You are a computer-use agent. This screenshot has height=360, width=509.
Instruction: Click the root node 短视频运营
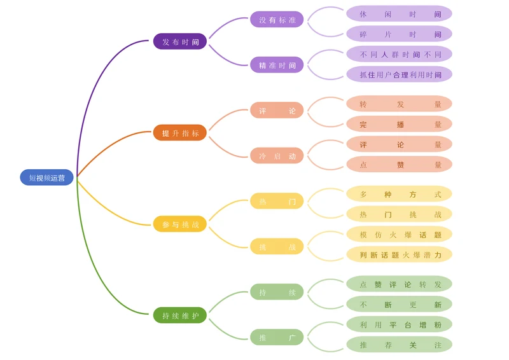[47, 177]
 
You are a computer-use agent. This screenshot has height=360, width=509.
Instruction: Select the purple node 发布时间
[180, 41]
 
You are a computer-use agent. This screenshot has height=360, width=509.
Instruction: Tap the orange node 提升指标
[180, 133]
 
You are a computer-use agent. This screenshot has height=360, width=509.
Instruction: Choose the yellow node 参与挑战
[180, 224]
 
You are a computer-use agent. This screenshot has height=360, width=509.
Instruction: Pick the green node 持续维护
[180, 315]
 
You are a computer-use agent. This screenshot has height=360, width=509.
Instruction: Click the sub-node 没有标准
[277, 20]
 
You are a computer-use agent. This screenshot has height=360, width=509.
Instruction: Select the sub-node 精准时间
[277, 65]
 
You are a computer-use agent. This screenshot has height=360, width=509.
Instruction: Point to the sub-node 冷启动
[277, 156]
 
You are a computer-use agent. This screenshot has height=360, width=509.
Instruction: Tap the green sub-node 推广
[277, 338]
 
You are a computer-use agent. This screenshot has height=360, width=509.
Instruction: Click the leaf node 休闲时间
[399, 14]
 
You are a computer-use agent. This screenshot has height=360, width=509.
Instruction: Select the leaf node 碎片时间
[399, 34]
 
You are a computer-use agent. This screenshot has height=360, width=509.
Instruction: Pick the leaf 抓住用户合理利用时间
[399, 74]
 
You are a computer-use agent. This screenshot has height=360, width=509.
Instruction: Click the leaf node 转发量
[399, 104]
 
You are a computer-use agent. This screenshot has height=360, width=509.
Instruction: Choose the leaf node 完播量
[399, 125]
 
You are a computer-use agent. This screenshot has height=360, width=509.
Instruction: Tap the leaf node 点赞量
[399, 165]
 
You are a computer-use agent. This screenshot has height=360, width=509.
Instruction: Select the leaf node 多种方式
[399, 195]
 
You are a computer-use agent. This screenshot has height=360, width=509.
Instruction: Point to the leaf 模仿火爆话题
[399, 235]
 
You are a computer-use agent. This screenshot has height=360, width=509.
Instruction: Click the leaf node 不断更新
[399, 305]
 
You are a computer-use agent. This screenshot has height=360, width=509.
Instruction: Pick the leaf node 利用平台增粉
[399, 325]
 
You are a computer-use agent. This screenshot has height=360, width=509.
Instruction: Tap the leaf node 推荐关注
[399, 345]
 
